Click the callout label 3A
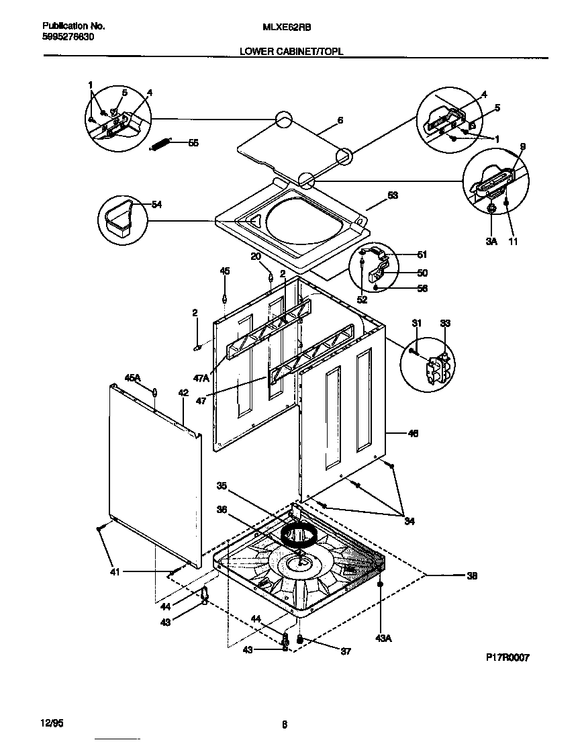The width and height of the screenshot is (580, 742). (491, 240)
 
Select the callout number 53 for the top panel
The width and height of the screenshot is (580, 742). (393, 195)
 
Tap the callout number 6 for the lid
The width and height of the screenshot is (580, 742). (340, 120)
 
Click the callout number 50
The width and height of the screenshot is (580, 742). (422, 273)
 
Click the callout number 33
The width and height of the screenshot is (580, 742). (445, 324)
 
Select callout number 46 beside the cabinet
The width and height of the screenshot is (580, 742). (413, 434)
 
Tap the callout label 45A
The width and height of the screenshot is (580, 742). (132, 378)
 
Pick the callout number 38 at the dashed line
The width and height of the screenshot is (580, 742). (473, 575)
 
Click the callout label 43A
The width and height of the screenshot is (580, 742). (383, 638)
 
